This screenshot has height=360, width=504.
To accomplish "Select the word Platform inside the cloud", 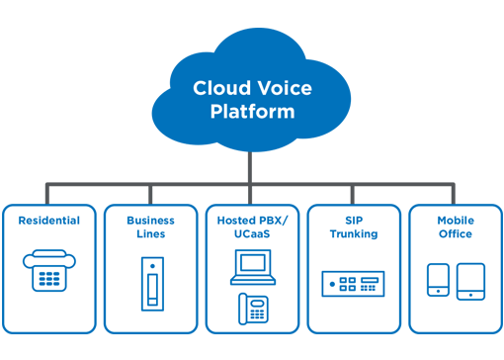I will (x=252, y=111).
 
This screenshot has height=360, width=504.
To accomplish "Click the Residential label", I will (x=49, y=221).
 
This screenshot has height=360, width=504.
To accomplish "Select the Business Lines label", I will (x=150, y=227).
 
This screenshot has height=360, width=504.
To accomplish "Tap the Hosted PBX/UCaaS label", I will (x=252, y=227).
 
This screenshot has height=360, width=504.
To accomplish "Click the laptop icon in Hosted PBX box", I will (x=252, y=265).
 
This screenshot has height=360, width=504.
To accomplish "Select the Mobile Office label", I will (x=455, y=227).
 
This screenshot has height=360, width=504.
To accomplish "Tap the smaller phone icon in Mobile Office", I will (x=438, y=280).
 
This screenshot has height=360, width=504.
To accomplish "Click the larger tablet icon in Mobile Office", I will (x=470, y=280).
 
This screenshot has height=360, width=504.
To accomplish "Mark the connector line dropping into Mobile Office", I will (x=455, y=194).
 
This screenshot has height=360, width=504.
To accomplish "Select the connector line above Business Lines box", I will (x=150, y=194).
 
